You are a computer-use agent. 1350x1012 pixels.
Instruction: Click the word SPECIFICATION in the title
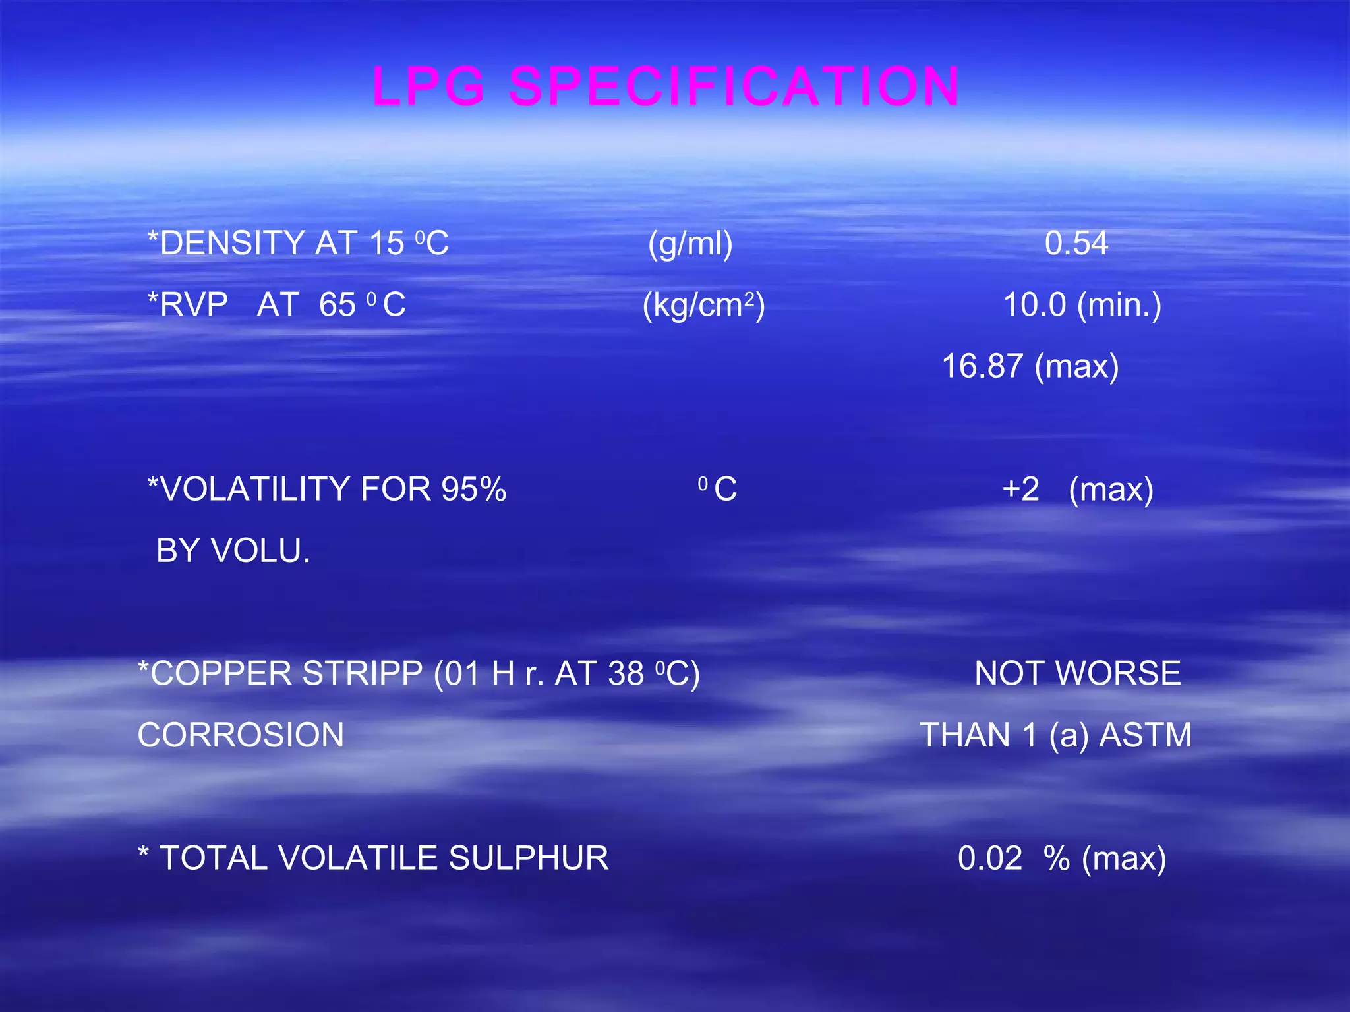pyautogui.click(x=734, y=86)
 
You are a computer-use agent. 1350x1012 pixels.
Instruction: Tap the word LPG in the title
pyautogui.click(x=429, y=86)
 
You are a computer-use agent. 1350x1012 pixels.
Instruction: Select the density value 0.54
pyautogui.click(x=1076, y=243)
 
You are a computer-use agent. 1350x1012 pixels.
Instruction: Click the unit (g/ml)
pyautogui.click(x=690, y=244)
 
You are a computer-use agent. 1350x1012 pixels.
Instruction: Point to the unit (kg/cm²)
pyautogui.click(x=703, y=305)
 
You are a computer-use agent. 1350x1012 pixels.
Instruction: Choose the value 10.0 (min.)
pyautogui.click(x=1082, y=305)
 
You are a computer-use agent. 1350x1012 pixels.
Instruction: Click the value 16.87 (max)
pyautogui.click(x=1030, y=366)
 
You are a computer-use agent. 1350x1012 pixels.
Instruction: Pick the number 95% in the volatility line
pyautogui.click(x=473, y=490)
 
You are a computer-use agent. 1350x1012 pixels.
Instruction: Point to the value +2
pyautogui.click(x=1020, y=490)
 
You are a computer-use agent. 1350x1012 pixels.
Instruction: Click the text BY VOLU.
pyautogui.click(x=233, y=551)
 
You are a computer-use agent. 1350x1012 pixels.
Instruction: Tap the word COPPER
pyautogui.click(x=214, y=674)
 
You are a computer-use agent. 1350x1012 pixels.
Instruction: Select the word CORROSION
pyautogui.click(x=241, y=735)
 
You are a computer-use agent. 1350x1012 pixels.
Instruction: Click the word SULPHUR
pyautogui.click(x=528, y=858)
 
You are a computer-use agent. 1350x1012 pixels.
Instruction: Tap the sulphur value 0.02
pyautogui.click(x=989, y=858)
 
